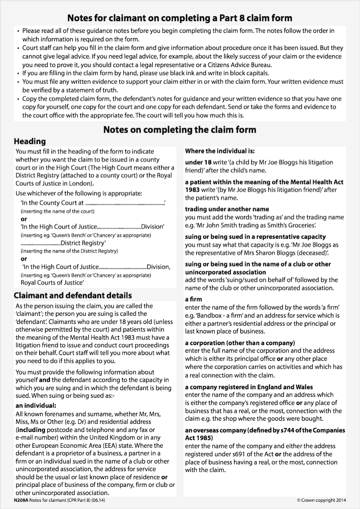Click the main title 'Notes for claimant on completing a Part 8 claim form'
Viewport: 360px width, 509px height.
(x=180, y=18)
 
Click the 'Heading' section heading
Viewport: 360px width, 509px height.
(x=30, y=141)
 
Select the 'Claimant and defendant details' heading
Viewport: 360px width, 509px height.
(x=73, y=295)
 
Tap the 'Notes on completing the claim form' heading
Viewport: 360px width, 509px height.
(x=180, y=130)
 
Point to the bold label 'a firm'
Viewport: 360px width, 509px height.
(x=193, y=299)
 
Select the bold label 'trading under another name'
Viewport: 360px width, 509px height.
(x=227, y=209)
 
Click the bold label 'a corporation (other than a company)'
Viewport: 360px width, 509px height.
(x=240, y=342)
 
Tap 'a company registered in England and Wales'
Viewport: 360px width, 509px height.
(x=249, y=387)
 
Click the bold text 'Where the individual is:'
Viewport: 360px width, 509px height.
(x=220, y=151)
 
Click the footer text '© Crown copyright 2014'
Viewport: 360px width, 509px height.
(x=322, y=500)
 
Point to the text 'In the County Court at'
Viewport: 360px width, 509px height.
(x=52, y=203)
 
